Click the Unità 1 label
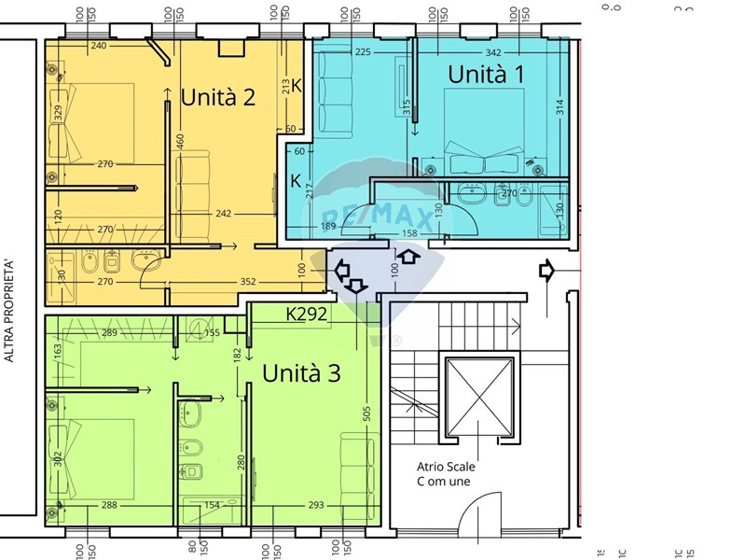tap(485, 75)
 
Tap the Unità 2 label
tap(218, 97)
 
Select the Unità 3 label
tap(301, 373)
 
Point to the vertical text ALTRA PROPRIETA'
tap(10, 311)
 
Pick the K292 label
tap(307, 315)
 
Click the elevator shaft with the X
tap(479, 398)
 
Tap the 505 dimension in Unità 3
tap(367, 413)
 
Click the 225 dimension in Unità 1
tap(364, 51)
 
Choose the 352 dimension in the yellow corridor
tap(247, 281)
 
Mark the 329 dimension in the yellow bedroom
tap(58, 116)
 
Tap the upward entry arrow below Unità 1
tap(408, 255)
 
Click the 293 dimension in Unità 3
tap(315, 505)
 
